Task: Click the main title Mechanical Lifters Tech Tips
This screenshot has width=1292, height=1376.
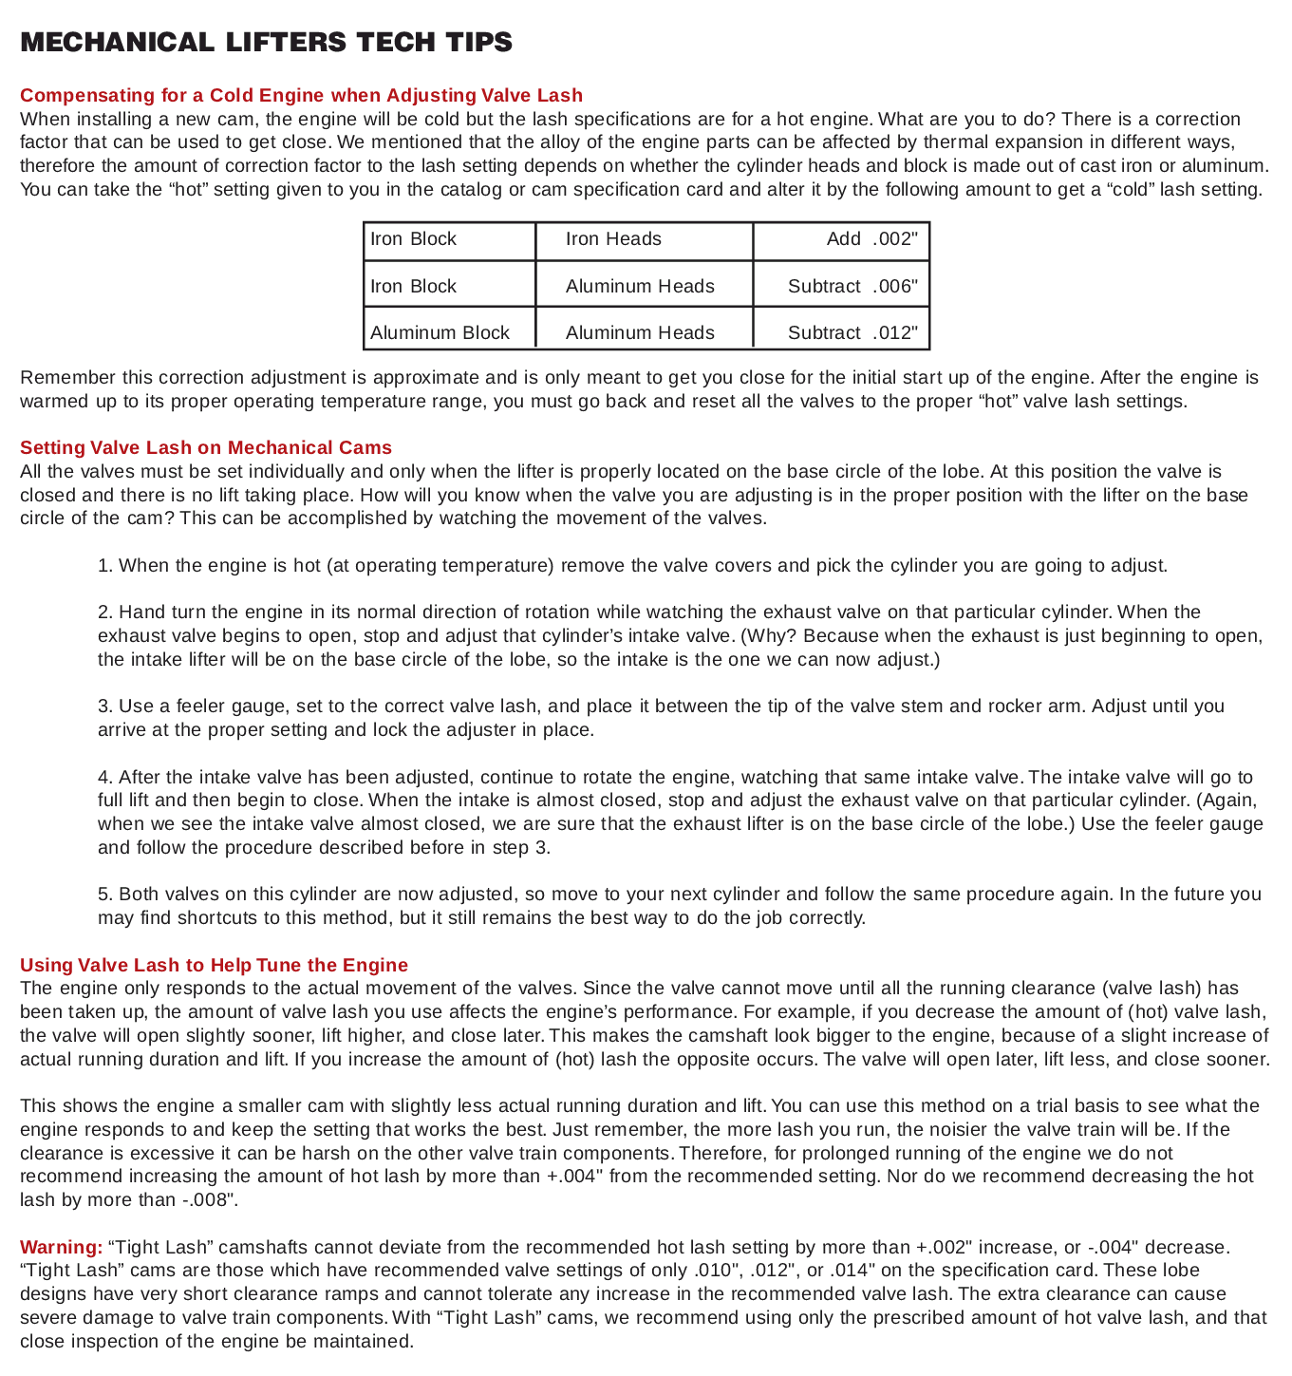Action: pyautogui.click(x=266, y=43)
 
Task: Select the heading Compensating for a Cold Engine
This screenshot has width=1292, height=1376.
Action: pyautogui.click(x=301, y=95)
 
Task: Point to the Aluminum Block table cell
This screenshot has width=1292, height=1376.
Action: pyautogui.click(x=440, y=333)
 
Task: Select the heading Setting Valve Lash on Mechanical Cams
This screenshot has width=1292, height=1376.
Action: pyautogui.click(x=206, y=447)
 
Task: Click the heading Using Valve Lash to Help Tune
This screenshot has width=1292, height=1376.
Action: pyautogui.click(x=214, y=965)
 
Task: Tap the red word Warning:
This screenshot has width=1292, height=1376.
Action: pyautogui.click(x=61, y=1246)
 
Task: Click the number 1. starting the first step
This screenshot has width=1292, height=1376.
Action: pyautogui.click(x=105, y=566)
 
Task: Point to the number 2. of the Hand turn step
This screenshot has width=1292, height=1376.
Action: pyautogui.click(x=105, y=613)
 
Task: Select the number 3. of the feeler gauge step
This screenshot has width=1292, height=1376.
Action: pyautogui.click(x=105, y=707)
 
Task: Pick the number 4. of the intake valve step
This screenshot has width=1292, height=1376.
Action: pyautogui.click(x=105, y=777)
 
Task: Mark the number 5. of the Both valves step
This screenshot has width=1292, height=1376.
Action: pyautogui.click(x=105, y=895)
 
